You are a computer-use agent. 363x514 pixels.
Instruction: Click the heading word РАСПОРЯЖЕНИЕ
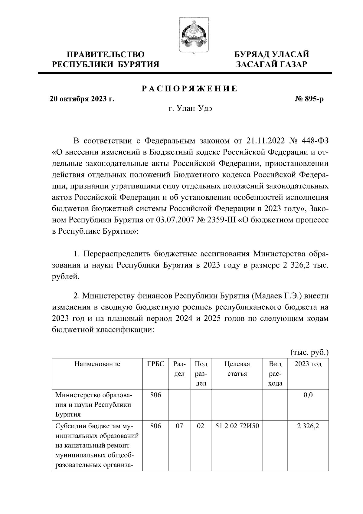[x=190, y=89]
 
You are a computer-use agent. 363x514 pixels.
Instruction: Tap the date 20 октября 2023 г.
[x=82, y=99]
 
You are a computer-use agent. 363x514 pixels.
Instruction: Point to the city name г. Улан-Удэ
[x=190, y=109]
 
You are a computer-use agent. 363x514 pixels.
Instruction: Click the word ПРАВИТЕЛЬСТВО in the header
[x=106, y=54]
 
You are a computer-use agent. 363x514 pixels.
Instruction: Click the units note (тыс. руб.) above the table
[x=309, y=352]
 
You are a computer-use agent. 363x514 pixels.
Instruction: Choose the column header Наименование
[x=97, y=364]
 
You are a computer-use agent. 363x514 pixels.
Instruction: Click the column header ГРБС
[x=155, y=364]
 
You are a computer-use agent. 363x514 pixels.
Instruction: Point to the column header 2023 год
[x=308, y=364]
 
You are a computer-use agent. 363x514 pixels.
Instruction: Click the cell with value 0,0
[x=308, y=395]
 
